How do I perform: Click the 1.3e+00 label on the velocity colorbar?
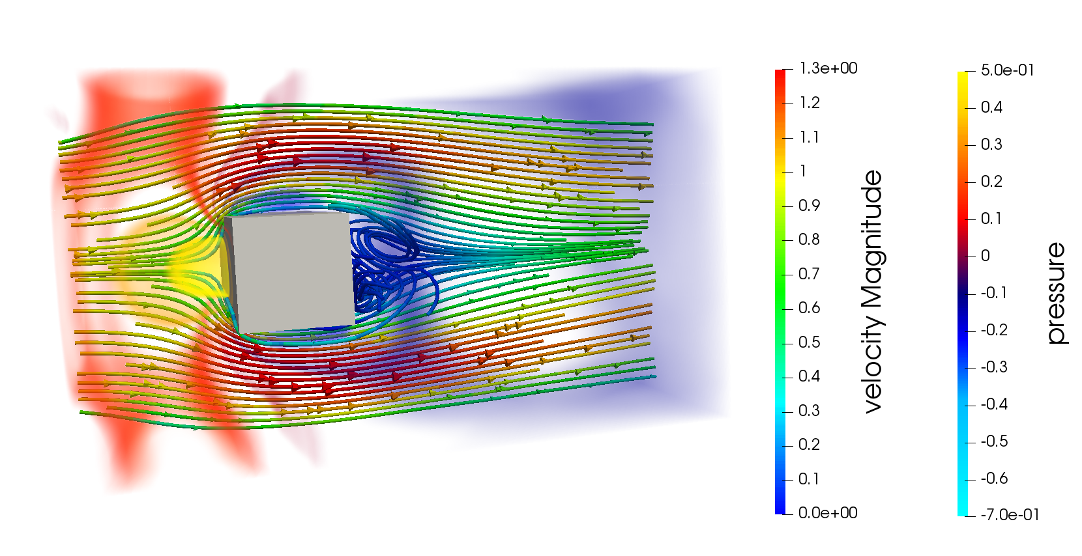point(828,68)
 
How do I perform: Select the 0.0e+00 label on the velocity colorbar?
point(828,512)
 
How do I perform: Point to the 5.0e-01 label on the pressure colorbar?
point(1008,70)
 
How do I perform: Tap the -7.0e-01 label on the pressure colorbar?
point(1010,515)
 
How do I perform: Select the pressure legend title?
point(1056,294)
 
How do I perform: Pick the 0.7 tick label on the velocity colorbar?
point(810,274)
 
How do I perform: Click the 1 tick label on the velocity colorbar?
point(803,171)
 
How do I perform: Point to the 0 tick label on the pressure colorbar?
point(986,256)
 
